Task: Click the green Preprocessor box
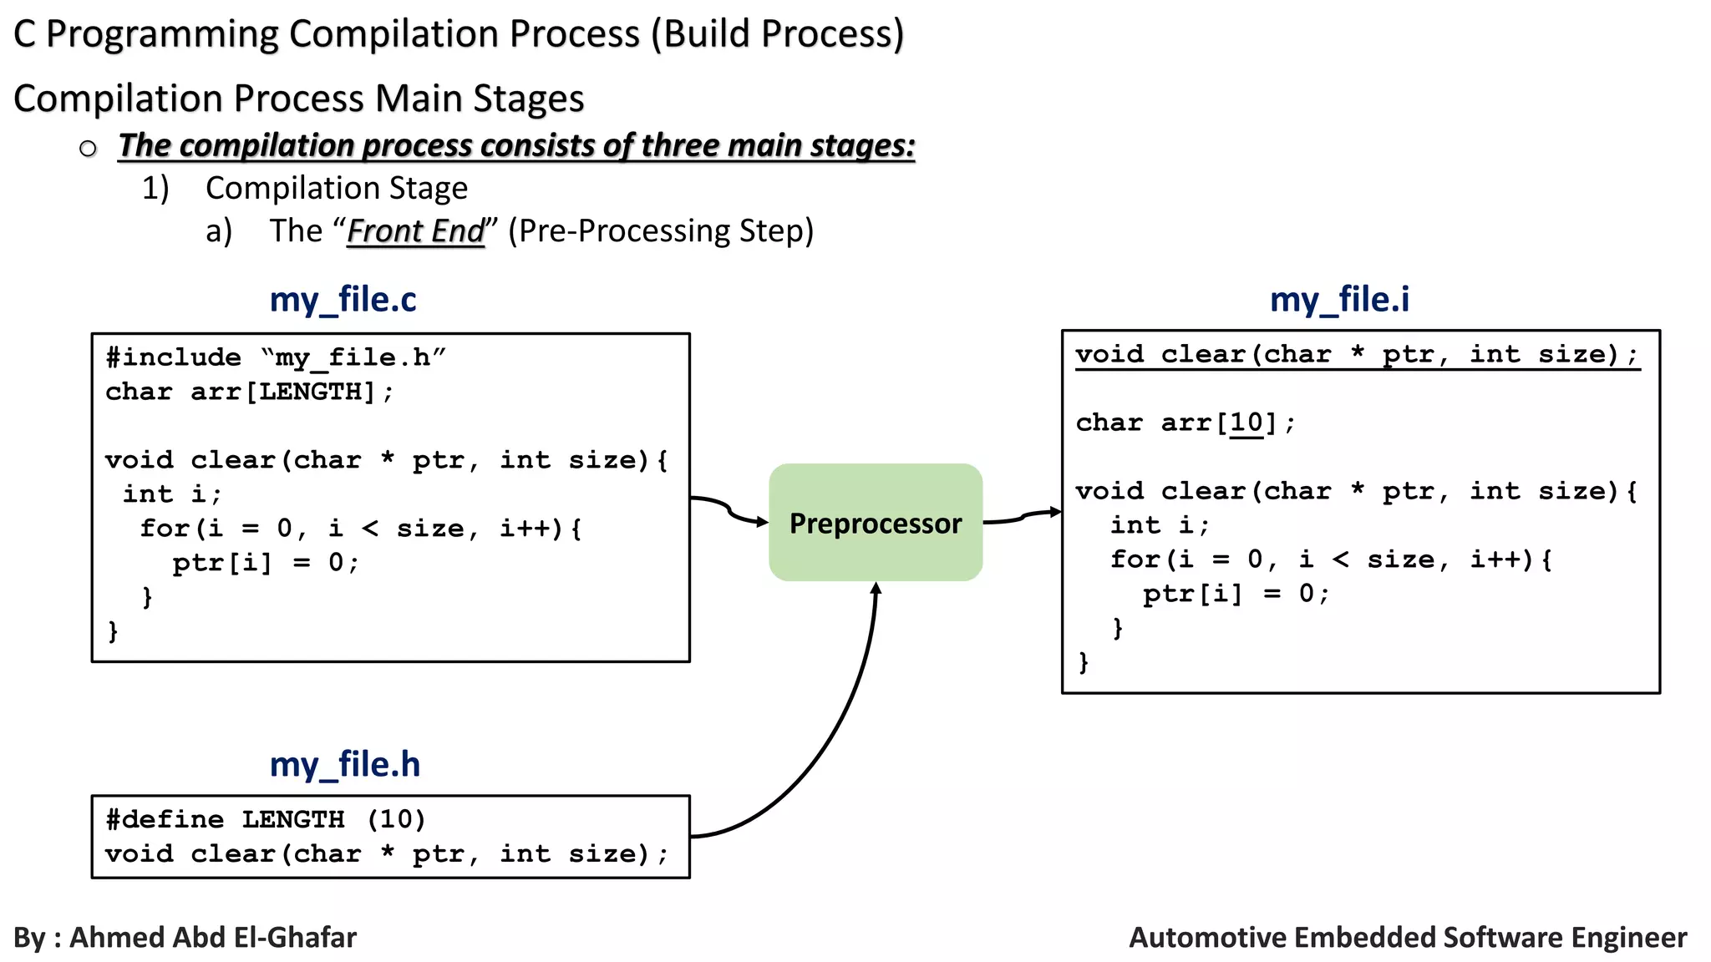tap(875, 523)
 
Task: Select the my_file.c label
tap(343, 300)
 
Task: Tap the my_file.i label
tap(1338, 300)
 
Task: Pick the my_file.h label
tap(344, 764)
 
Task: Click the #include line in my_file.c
tap(276, 357)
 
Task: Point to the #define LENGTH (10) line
tap(266, 819)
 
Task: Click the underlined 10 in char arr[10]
tap(1246, 423)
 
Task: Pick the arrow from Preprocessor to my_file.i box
tap(1023, 517)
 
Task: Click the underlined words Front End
tap(415, 231)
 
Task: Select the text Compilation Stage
tap(336, 188)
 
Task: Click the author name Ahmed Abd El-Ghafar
tap(212, 937)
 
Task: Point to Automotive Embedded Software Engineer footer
tap(1407, 937)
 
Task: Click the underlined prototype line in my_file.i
tap(1356, 355)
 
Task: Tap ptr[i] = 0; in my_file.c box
tap(266, 563)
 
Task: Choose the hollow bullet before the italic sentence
tap(88, 149)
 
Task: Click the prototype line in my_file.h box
tap(386, 853)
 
